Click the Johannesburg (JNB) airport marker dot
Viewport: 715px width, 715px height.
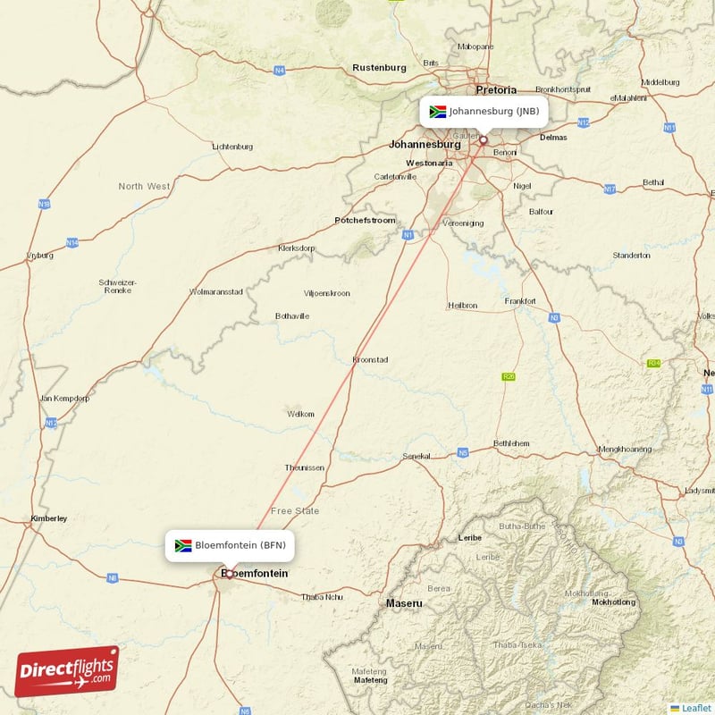pos(484,139)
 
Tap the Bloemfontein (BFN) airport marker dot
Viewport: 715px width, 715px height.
pos(230,574)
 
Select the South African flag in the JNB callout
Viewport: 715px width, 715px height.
pos(437,112)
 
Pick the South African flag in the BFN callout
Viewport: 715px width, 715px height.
pos(183,545)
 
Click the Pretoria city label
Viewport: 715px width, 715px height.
pos(496,89)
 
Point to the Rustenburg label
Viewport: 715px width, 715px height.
pos(379,67)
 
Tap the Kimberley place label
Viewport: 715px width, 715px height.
pos(48,518)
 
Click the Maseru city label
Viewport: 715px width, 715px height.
pos(404,603)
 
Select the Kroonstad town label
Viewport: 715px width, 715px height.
pos(370,359)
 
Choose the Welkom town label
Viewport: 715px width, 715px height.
pos(300,414)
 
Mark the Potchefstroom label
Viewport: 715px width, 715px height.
pos(365,220)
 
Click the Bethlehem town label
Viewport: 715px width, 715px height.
pos(511,443)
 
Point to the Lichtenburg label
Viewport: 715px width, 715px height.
pos(232,146)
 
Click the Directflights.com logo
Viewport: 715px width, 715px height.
pos(66,671)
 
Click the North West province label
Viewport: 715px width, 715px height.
pos(144,186)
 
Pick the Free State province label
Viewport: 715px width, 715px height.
pos(294,510)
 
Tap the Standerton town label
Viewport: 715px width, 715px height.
pos(631,256)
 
